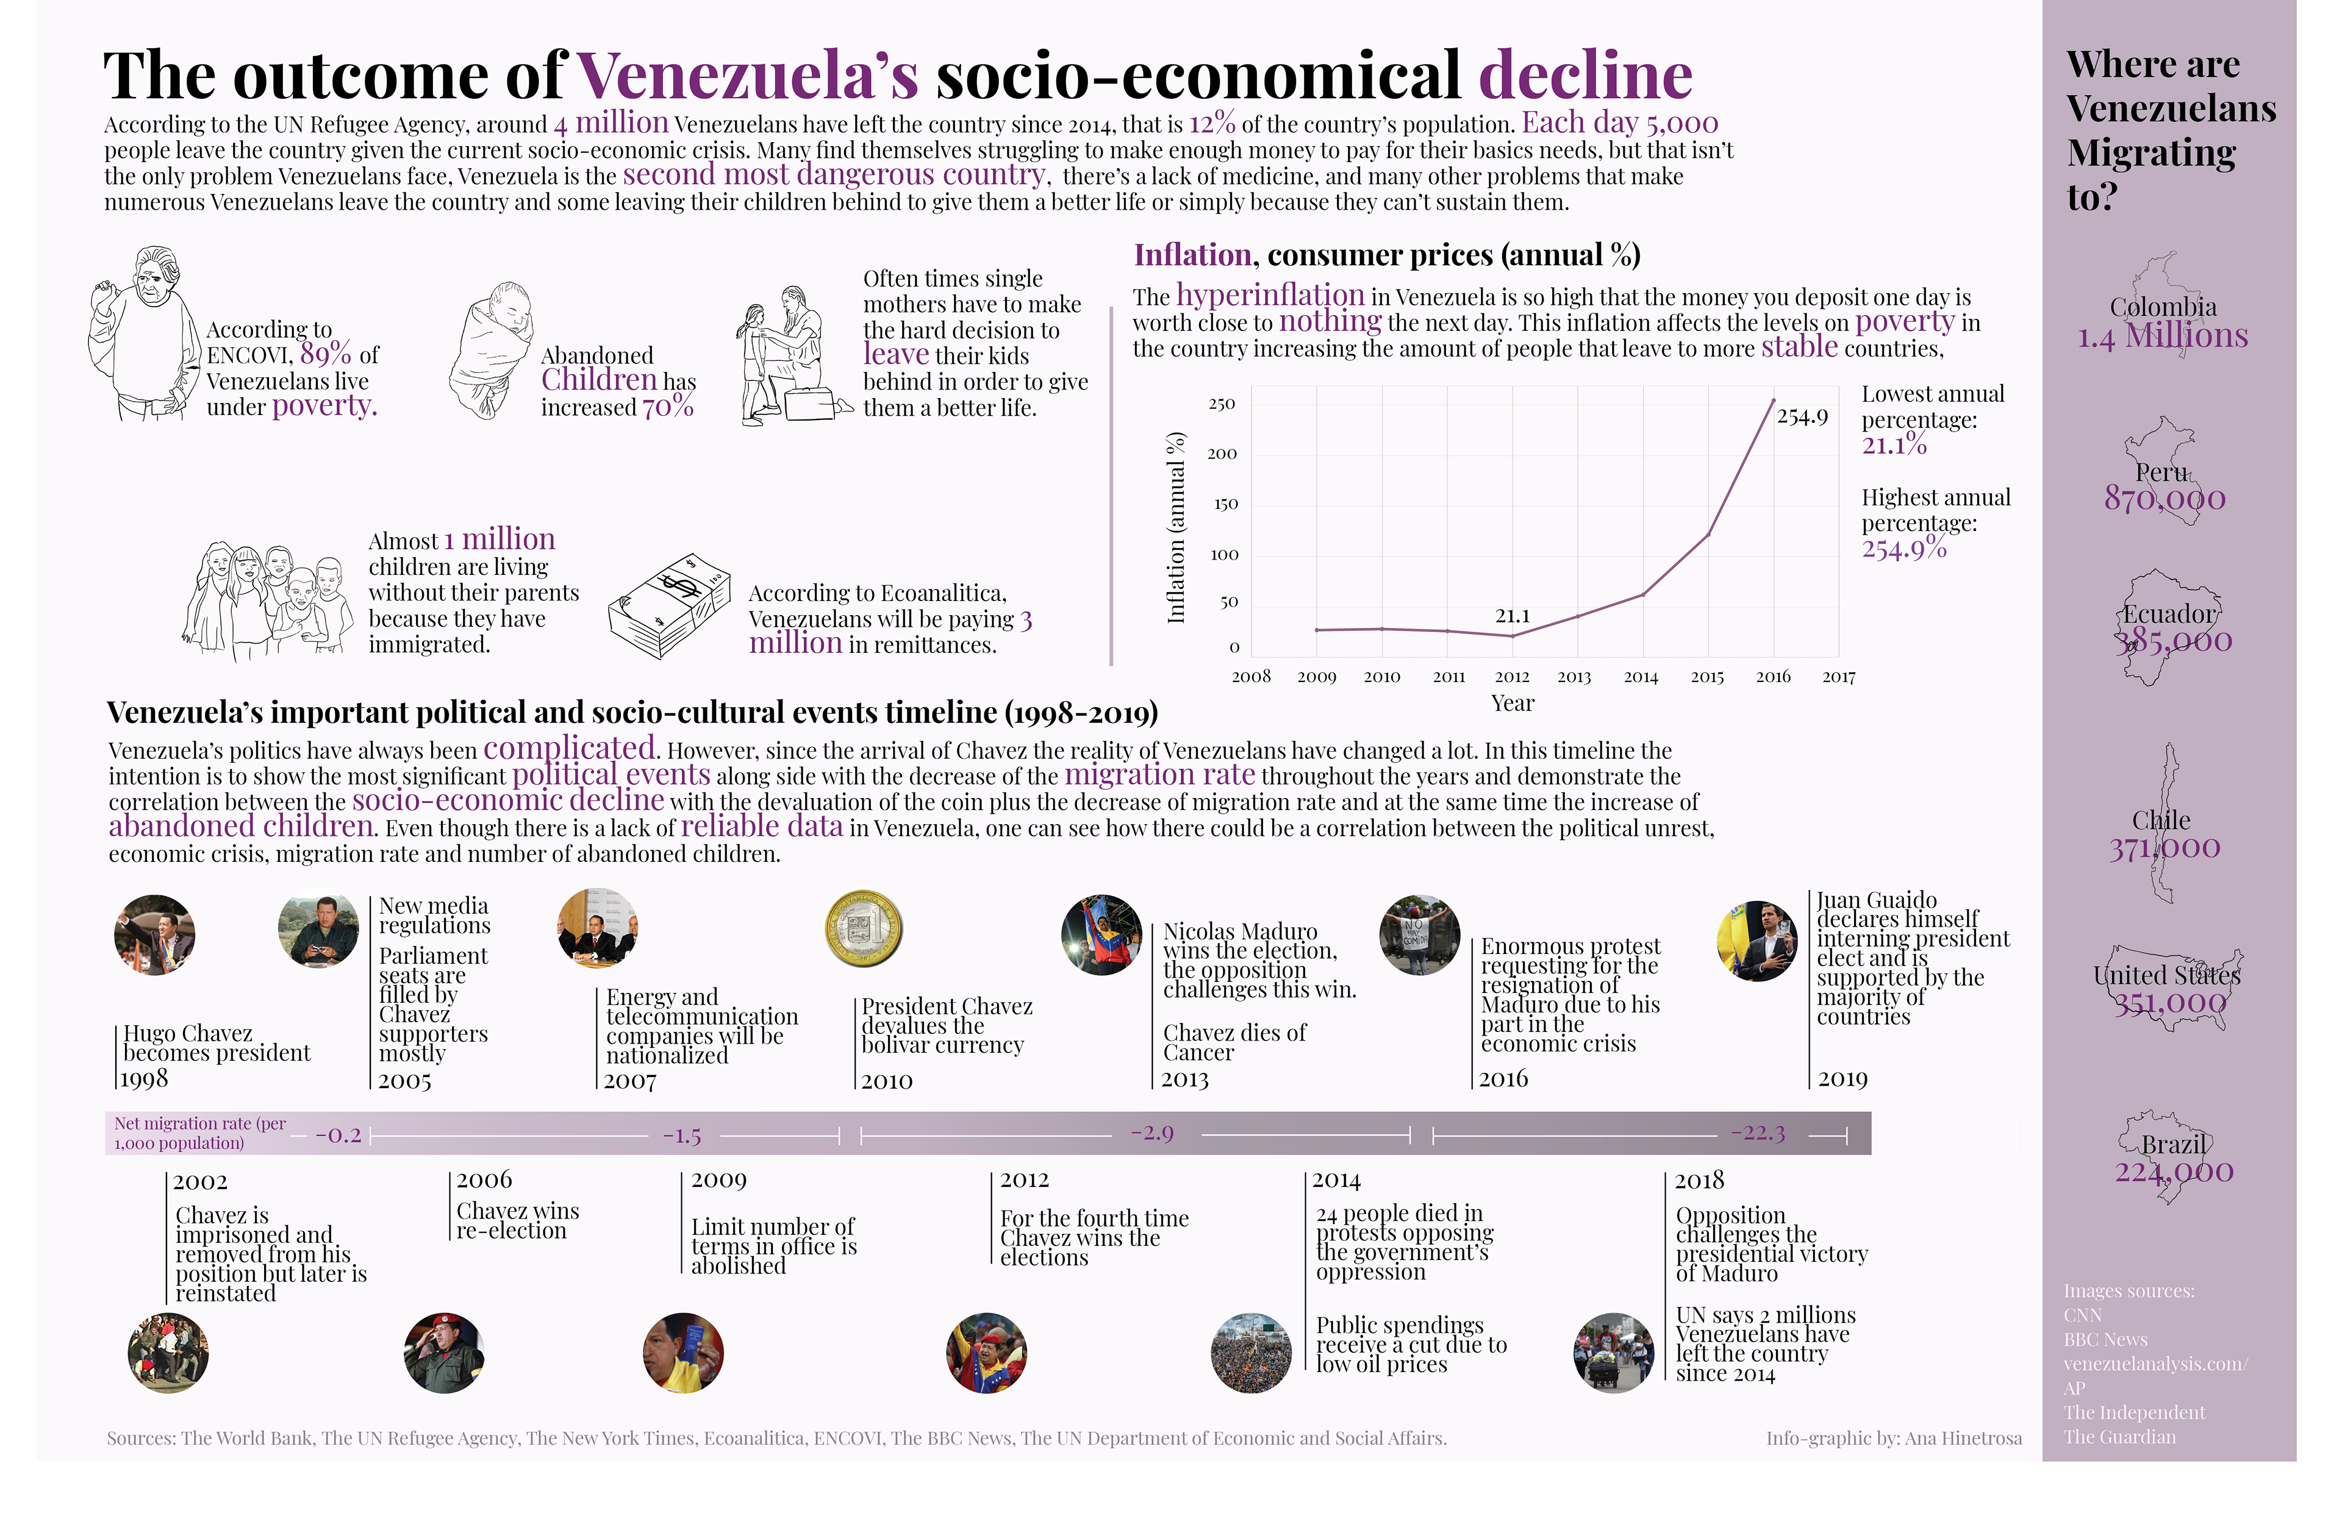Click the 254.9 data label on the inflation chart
[1802, 417]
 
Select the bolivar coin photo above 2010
[863, 928]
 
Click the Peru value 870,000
[2164, 499]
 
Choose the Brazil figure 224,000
[2174, 1172]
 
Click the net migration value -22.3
[1758, 1133]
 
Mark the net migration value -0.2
[338, 1135]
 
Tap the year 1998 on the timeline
[145, 1079]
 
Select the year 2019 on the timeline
[1842, 1079]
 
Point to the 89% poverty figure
[326, 354]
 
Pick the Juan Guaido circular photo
[1756, 941]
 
